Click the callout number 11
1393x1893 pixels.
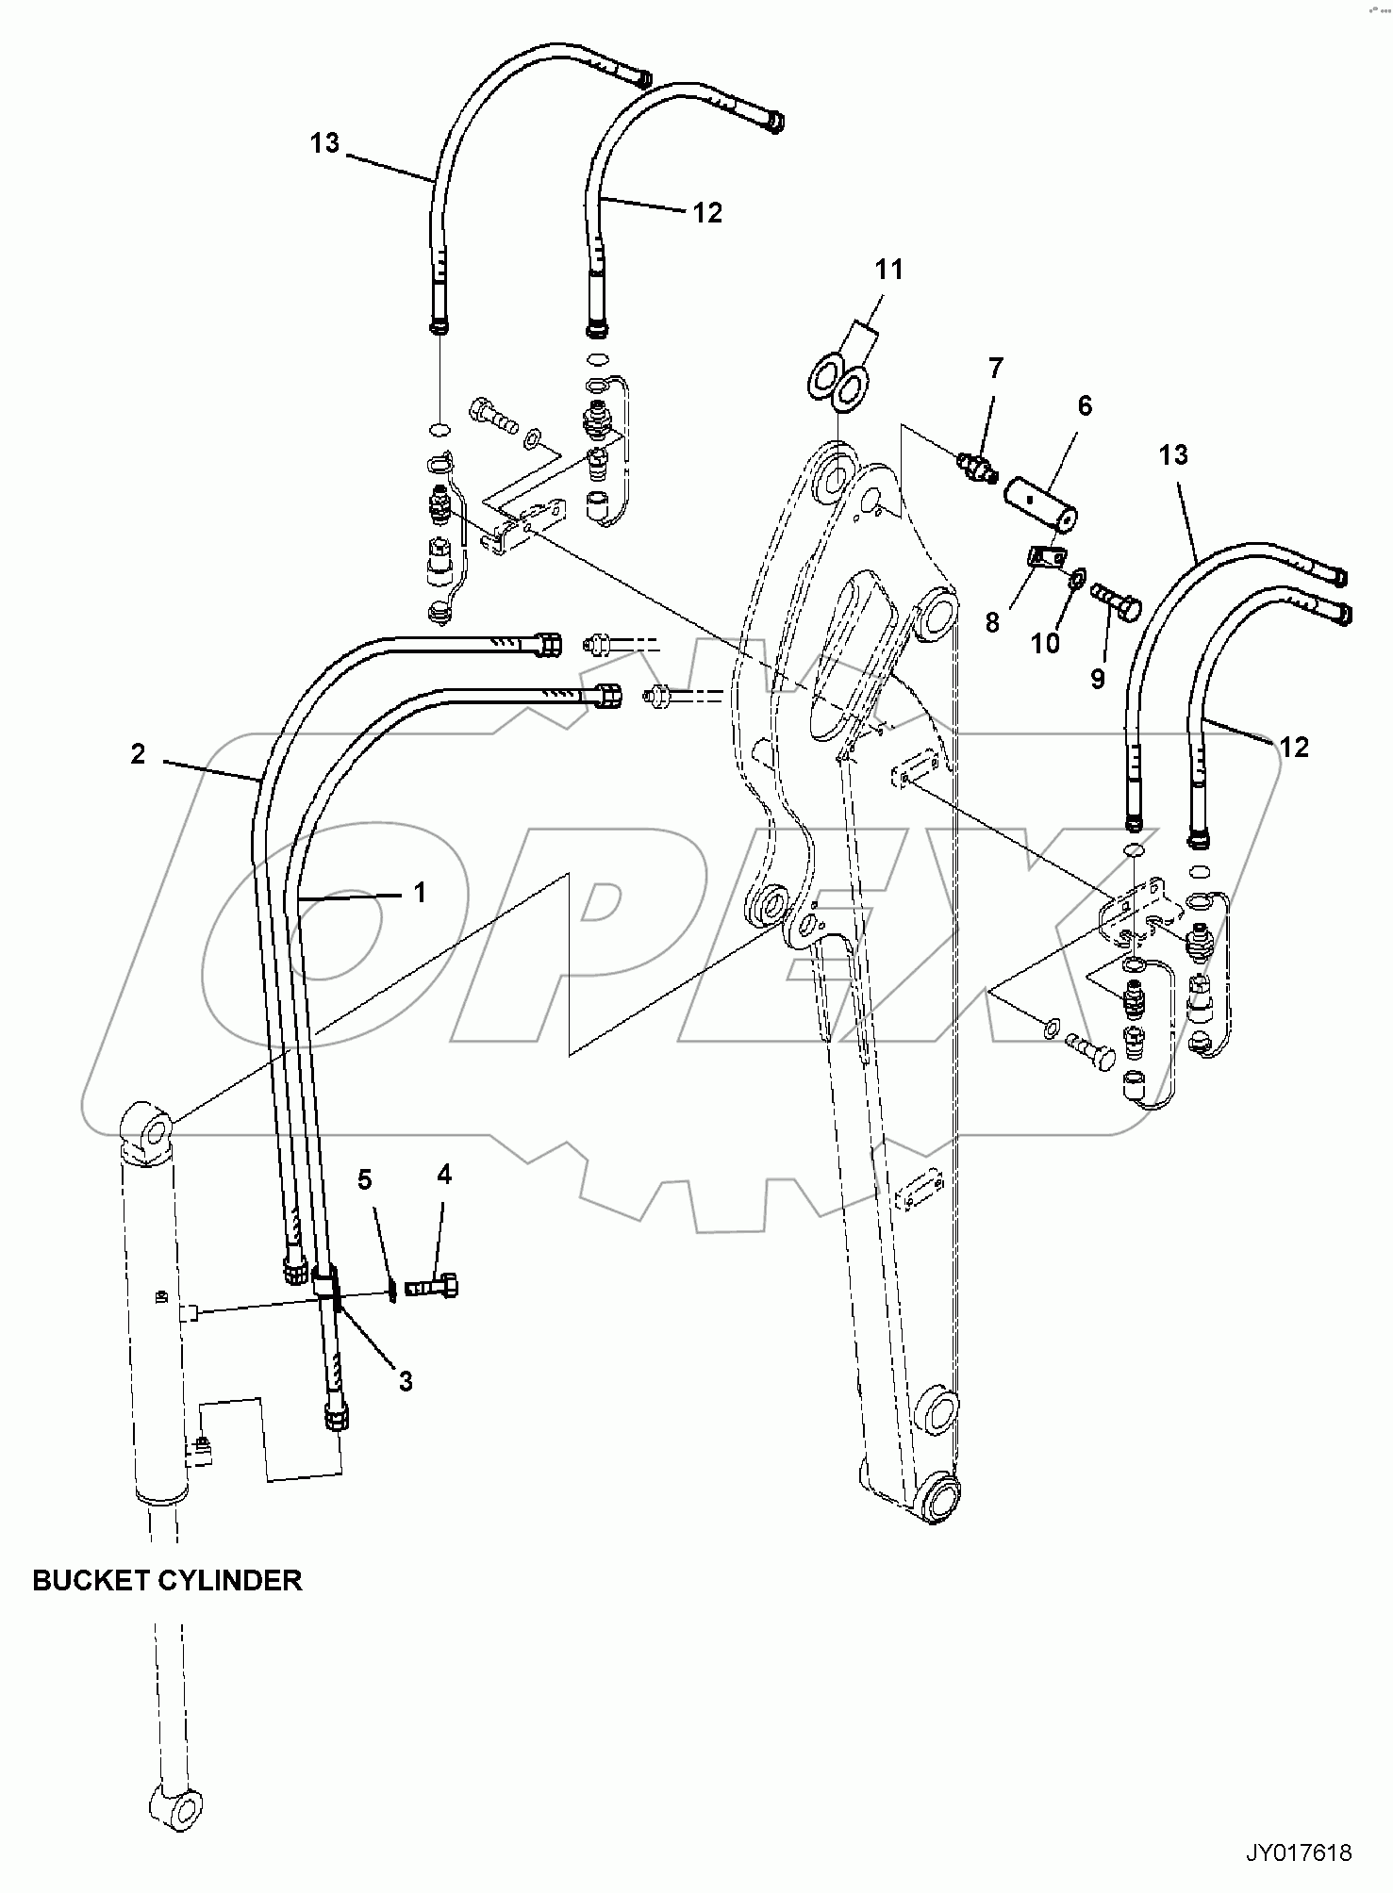coord(888,270)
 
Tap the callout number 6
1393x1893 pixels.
coord(1085,405)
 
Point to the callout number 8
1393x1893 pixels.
coord(992,622)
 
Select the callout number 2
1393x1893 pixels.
coord(138,753)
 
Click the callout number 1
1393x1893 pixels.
coord(420,892)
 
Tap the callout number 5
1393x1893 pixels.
coord(365,1179)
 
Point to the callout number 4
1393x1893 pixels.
coord(444,1174)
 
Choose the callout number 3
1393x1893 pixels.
coord(406,1381)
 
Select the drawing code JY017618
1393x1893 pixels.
coord(1299,1853)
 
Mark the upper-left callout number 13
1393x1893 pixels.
coord(324,143)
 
